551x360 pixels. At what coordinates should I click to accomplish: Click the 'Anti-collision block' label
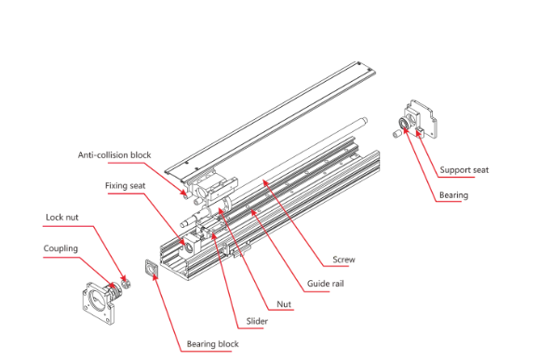tap(114, 155)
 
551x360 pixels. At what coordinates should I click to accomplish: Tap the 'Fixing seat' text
tap(125, 185)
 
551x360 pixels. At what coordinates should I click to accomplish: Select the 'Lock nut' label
tap(61, 218)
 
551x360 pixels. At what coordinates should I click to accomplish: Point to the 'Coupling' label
tap(60, 248)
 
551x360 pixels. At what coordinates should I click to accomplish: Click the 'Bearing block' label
tap(212, 344)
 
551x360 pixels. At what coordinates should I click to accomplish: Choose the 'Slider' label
tap(257, 321)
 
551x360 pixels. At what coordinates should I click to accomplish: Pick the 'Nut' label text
tap(284, 304)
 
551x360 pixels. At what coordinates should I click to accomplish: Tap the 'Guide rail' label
tap(326, 284)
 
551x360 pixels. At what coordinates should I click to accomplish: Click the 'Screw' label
tap(343, 260)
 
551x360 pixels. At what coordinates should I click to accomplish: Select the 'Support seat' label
tap(464, 170)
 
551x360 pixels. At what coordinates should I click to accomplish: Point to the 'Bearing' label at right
tap(453, 195)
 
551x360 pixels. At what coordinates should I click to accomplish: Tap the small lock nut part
tap(126, 283)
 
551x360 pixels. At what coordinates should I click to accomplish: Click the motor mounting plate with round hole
tap(98, 302)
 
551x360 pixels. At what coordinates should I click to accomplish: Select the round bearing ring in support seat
tap(404, 124)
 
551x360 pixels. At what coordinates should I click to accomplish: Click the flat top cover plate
tap(270, 122)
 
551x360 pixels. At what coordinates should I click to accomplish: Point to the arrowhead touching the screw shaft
tap(265, 182)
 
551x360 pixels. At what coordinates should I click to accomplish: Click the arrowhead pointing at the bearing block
tap(155, 277)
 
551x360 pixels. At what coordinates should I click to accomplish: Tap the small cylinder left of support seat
tap(396, 133)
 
